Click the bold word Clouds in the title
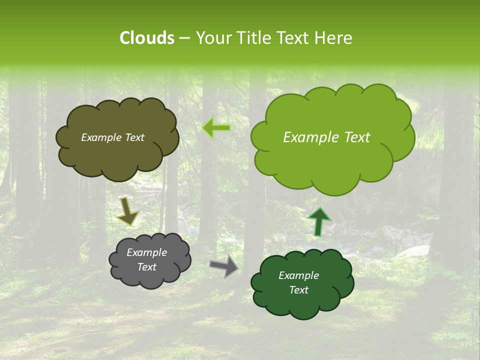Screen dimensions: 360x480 [x=146, y=38]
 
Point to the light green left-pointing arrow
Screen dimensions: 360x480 [x=216, y=128]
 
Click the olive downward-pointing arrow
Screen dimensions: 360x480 [x=127, y=210]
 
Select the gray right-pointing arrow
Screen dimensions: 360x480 [x=224, y=266]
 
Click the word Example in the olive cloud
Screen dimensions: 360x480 [x=101, y=137]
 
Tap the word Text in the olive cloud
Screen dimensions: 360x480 [x=134, y=137]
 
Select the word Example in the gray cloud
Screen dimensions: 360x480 [x=146, y=252]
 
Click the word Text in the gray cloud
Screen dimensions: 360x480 [x=146, y=267]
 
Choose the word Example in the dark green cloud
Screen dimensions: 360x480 [x=298, y=275]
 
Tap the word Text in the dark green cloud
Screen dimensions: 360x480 [x=298, y=290]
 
